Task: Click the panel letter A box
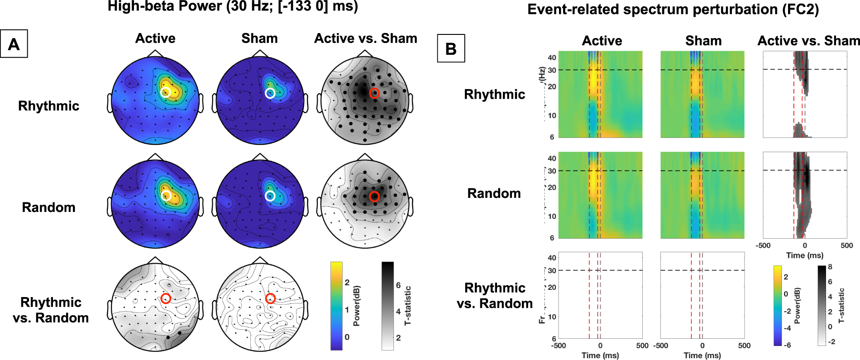click(x=14, y=44)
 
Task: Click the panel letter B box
click(x=451, y=48)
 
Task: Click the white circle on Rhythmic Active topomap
click(x=166, y=92)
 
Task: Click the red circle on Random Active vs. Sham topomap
click(x=374, y=197)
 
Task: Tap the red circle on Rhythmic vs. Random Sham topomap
click(x=270, y=298)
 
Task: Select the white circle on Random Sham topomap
click(x=270, y=196)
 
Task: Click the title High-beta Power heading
click(x=233, y=7)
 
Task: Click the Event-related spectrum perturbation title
click(x=673, y=10)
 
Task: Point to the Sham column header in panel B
click(x=703, y=41)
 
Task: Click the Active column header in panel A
click(x=155, y=38)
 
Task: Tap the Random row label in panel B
click(x=494, y=193)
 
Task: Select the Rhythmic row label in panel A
click(x=49, y=106)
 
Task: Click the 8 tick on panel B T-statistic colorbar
click(x=830, y=267)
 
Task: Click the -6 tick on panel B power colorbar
click(x=787, y=345)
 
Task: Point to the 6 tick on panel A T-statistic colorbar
click(x=398, y=285)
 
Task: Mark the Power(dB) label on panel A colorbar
click(x=357, y=306)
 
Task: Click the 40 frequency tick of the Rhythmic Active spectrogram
click(x=552, y=58)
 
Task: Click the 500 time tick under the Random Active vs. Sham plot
click(x=846, y=245)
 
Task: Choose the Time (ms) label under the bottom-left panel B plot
click(x=600, y=355)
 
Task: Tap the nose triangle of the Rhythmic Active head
click(x=155, y=53)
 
